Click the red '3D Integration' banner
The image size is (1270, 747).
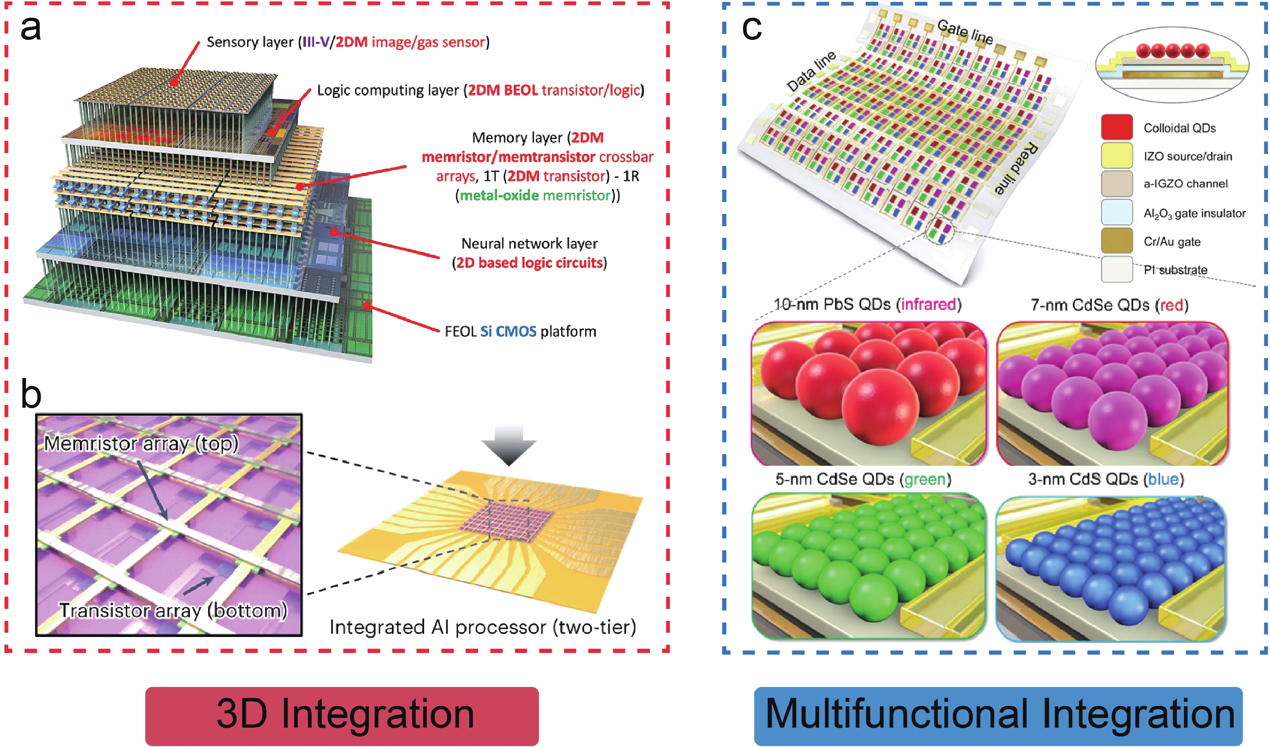(x=342, y=715)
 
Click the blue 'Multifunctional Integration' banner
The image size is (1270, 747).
(x=998, y=715)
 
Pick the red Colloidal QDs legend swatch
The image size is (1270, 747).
(x=1117, y=127)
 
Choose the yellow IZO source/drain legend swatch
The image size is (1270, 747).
(x=1117, y=156)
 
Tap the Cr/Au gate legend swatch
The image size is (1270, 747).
(x=1117, y=241)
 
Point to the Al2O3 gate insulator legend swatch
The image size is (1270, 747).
(x=1117, y=213)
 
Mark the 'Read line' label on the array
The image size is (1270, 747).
(x=1016, y=169)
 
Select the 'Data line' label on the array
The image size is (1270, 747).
(x=811, y=72)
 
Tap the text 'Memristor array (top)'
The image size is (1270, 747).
(x=141, y=444)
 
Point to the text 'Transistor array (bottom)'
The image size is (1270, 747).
(x=173, y=610)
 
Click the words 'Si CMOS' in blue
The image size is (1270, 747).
(x=508, y=332)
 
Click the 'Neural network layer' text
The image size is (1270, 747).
(x=529, y=244)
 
